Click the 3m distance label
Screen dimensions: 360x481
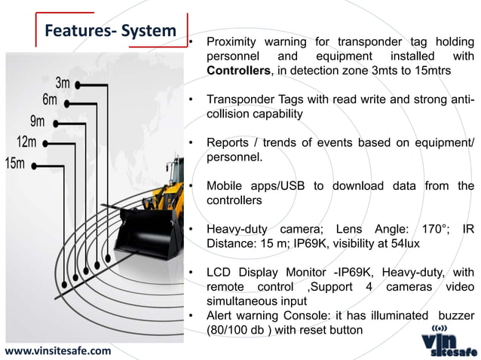[63, 83]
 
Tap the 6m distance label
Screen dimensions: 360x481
[51, 100]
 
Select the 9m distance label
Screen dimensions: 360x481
[37, 121]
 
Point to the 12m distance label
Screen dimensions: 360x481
[26, 142]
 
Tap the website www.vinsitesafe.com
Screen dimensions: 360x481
[57, 350]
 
